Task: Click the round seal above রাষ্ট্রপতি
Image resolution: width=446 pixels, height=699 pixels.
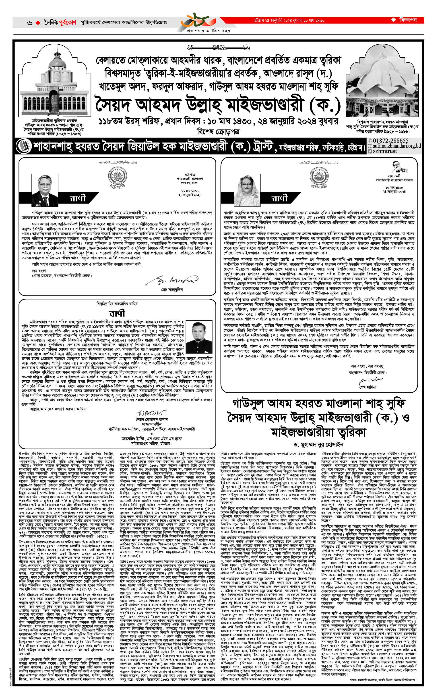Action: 117,176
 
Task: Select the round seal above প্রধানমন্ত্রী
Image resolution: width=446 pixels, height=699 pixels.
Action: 319,176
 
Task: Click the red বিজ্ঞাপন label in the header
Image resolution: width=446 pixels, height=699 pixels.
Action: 408,20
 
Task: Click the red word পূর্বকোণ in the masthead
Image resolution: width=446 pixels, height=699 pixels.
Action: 67,22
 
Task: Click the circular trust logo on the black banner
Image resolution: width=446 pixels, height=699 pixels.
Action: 23,146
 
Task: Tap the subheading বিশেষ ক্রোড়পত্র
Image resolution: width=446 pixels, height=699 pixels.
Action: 218,132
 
